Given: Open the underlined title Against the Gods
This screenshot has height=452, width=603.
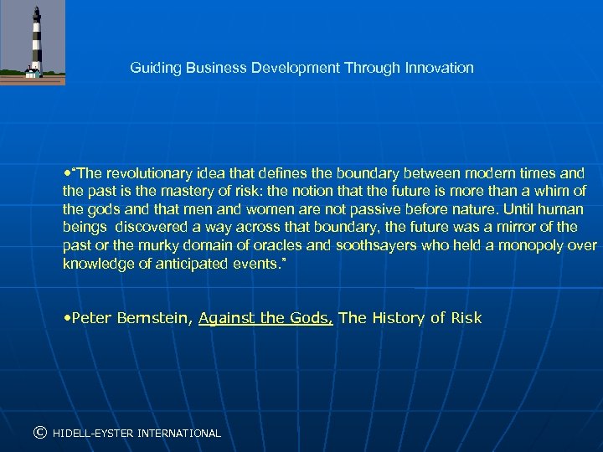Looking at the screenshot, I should (x=266, y=317).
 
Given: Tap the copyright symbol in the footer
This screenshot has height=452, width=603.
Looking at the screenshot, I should (x=39, y=433).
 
